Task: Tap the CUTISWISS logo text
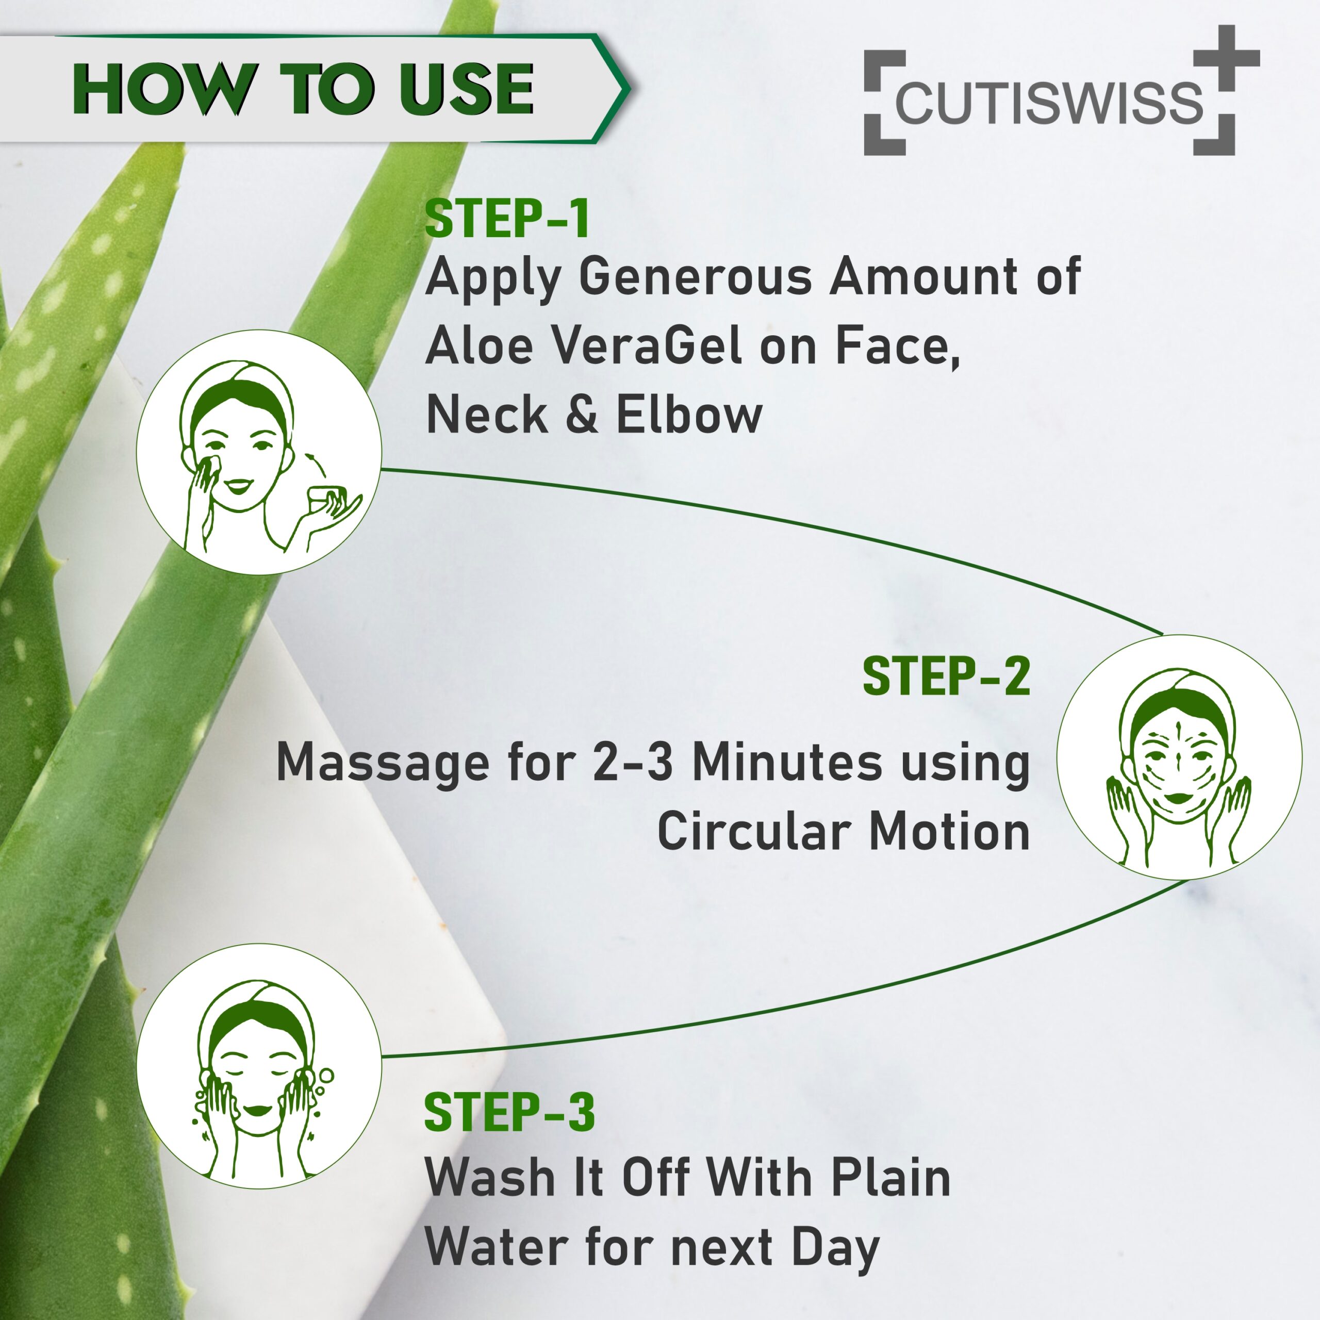tap(1049, 103)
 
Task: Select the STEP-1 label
tap(507, 219)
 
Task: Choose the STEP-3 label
tap(509, 1112)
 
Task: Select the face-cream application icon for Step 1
tap(259, 452)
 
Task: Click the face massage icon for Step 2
tap(1179, 757)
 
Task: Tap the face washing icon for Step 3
tap(259, 1066)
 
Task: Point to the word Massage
tap(383, 764)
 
